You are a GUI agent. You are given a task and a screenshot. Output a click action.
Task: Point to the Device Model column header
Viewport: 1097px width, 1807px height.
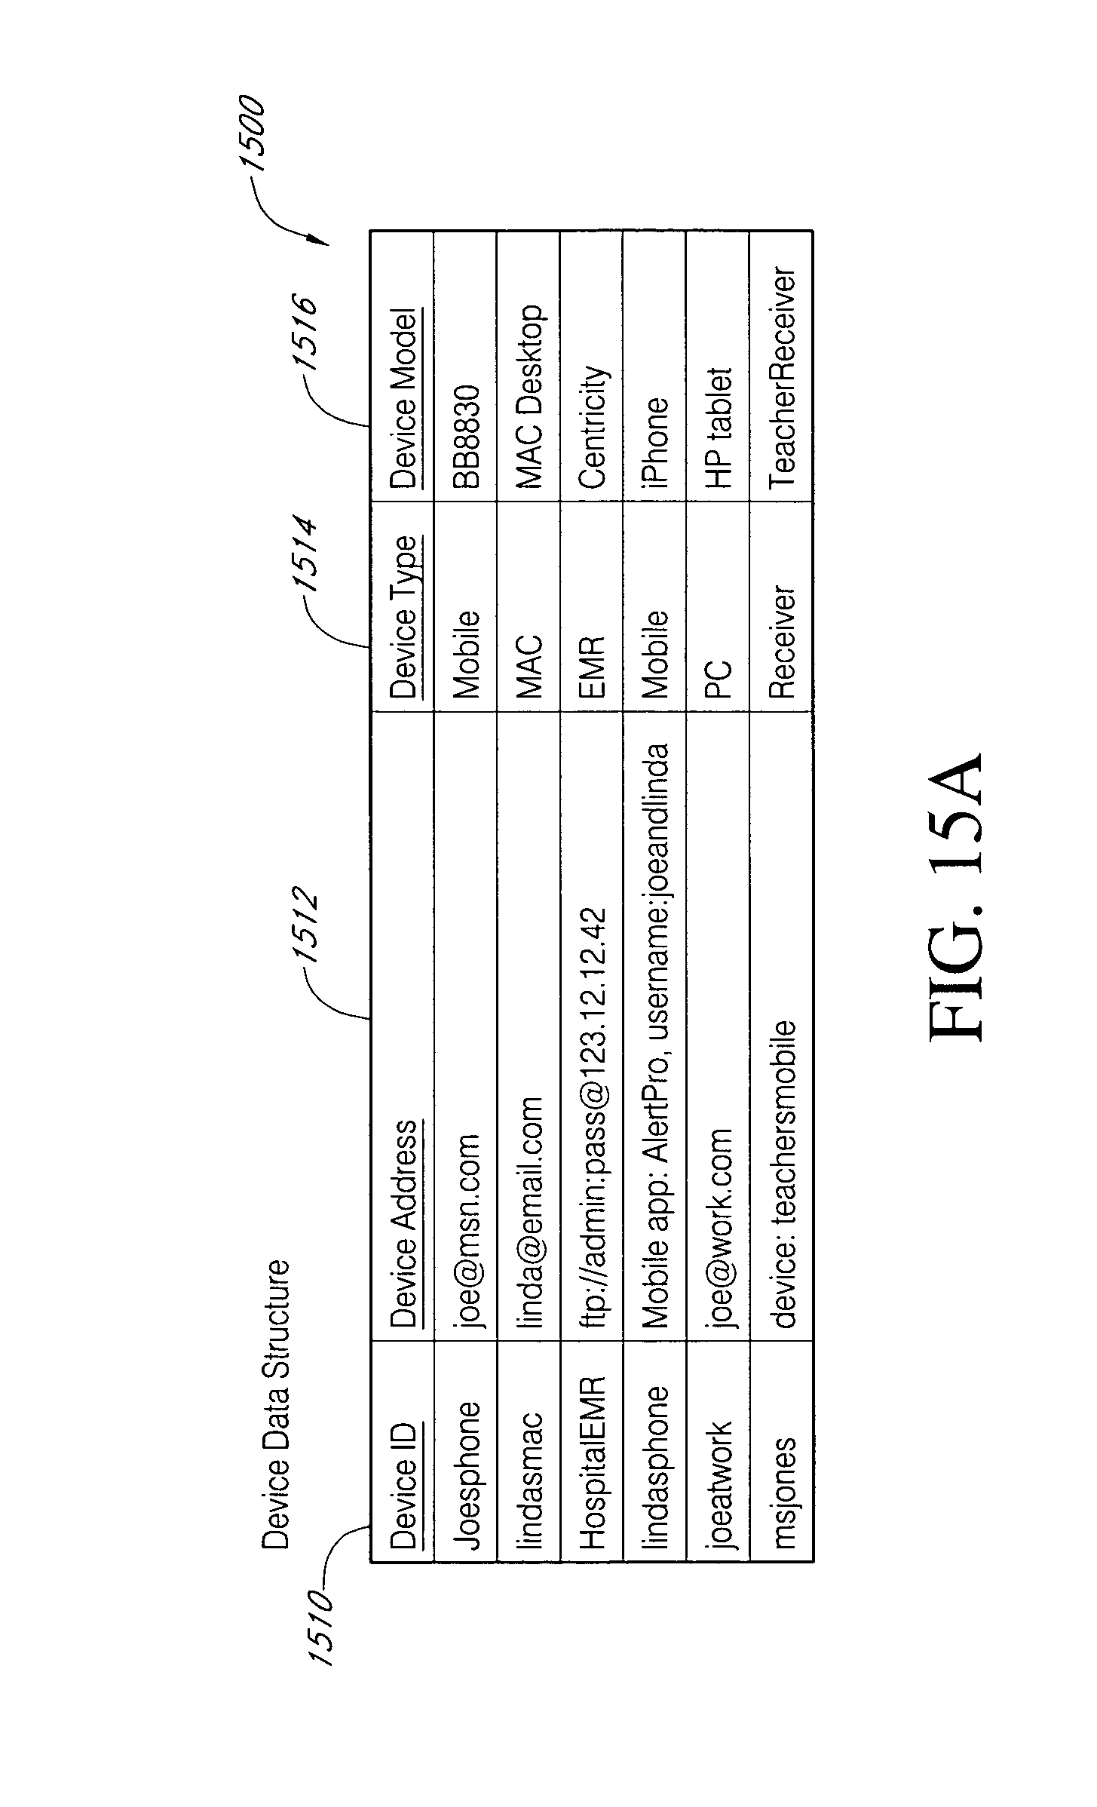[403, 397]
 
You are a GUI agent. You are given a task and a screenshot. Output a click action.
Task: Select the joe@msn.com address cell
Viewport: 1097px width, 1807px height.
[466, 1229]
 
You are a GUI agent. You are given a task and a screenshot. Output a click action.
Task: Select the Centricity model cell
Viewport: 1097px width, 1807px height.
[592, 427]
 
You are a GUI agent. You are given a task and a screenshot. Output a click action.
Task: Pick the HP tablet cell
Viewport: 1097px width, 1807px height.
[719, 427]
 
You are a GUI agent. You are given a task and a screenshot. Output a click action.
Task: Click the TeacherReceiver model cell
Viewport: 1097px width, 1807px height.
[782, 378]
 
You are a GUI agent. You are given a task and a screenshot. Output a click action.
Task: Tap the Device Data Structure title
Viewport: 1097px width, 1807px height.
[275, 1404]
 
